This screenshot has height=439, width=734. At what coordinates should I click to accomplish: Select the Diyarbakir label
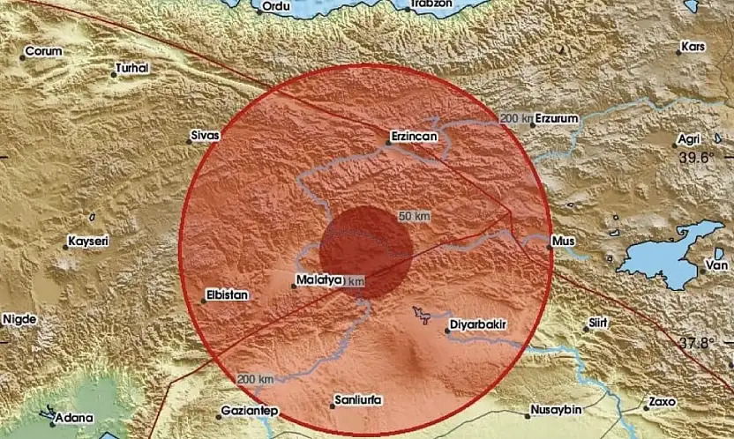(478, 325)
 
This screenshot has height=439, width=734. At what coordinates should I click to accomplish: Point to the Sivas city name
(205, 137)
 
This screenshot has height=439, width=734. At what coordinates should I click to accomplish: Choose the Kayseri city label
(91, 241)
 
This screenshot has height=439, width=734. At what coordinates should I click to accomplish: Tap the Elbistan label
(228, 296)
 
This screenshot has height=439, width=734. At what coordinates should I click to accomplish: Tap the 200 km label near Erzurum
(515, 118)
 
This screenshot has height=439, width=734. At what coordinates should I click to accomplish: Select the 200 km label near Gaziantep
(252, 379)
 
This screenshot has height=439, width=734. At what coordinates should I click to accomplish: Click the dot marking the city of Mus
(548, 249)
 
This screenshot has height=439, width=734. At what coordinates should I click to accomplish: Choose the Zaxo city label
(661, 401)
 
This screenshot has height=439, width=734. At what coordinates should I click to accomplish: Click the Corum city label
(43, 51)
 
